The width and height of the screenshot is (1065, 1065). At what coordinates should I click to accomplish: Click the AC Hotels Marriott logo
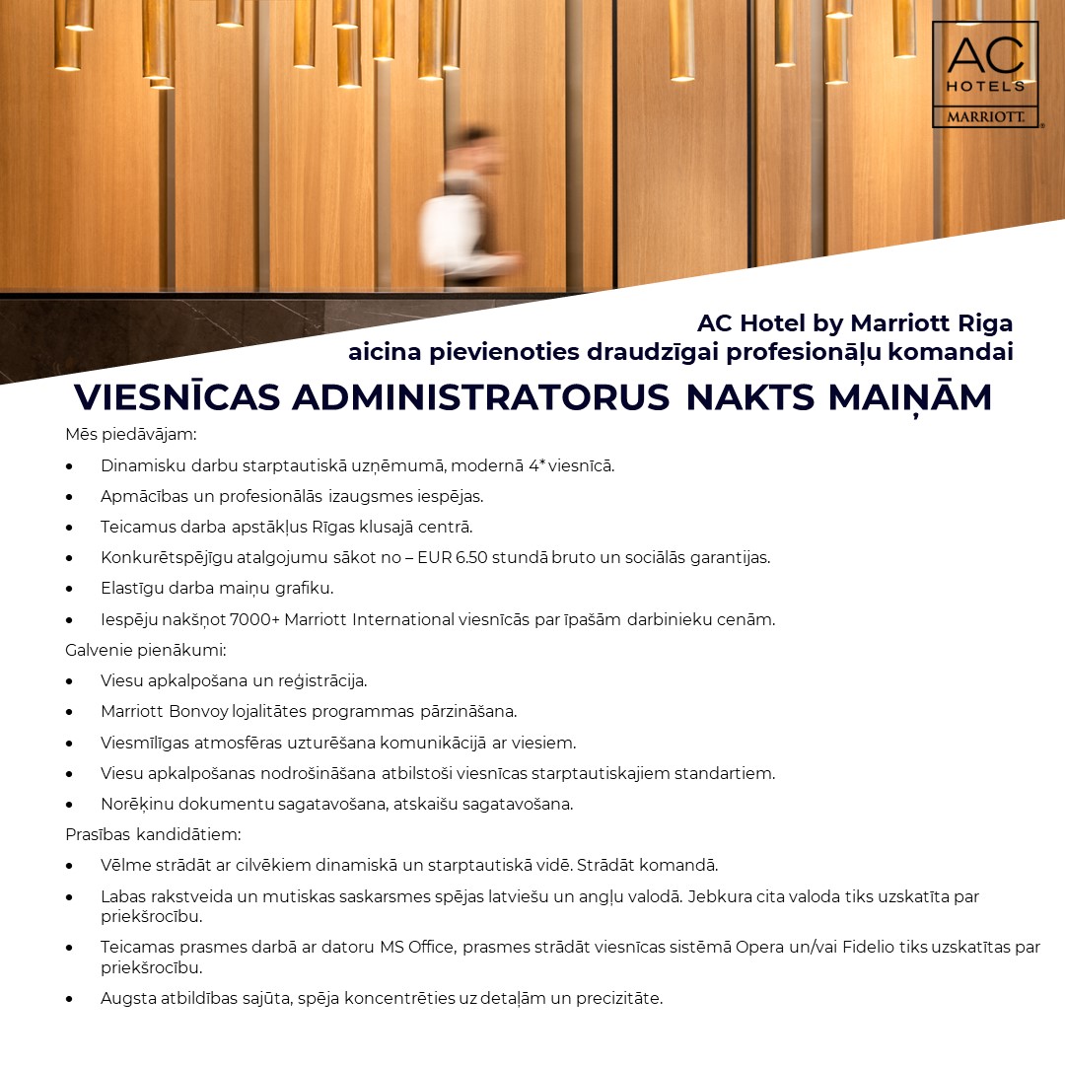(x=984, y=75)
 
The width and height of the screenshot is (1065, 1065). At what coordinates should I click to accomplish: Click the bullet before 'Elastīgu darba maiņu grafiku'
(x=70, y=589)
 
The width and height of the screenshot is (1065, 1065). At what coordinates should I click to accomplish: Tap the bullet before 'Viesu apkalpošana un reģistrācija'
(x=70, y=680)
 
